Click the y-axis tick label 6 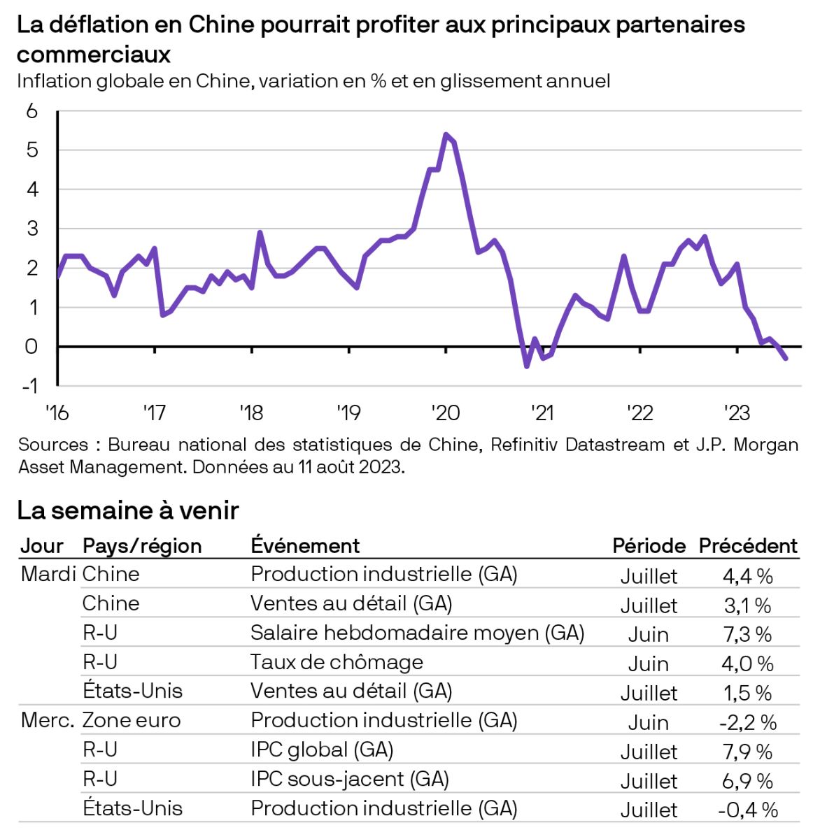(x=31, y=111)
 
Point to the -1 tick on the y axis (x=29, y=386)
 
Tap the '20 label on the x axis (x=446, y=413)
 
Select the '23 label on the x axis (x=737, y=413)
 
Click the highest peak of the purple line (x=446, y=134)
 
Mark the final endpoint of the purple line (x=786, y=359)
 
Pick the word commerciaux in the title (x=94, y=54)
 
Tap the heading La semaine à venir (x=128, y=510)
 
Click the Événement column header (x=305, y=545)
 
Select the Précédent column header (x=748, y=545)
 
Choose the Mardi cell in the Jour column (x=48, y=574)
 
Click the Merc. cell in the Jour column (x=48, y=720)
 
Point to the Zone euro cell (x=132, y=720)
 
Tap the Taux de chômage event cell (x=337, y=661)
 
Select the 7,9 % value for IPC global (x=747, y=752)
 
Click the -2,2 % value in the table (x=747, y=722)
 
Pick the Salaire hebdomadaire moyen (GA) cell (x=417, y=633)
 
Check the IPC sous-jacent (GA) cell (x=350, y=779)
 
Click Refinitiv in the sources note (x=529, y=445)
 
